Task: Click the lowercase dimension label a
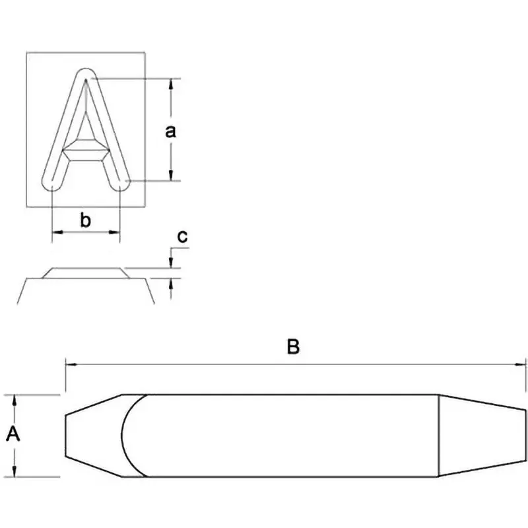[170, 131]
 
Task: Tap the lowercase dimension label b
[85, 220]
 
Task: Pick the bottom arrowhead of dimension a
[172, 175]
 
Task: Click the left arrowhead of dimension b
[56, 232]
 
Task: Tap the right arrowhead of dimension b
[116, 232]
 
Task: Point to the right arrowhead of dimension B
[523, 362]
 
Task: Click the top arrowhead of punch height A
[16, 399]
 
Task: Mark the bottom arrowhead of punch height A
[16, 472]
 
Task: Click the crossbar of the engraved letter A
[86, 150]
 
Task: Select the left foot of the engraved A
[51, 182]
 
